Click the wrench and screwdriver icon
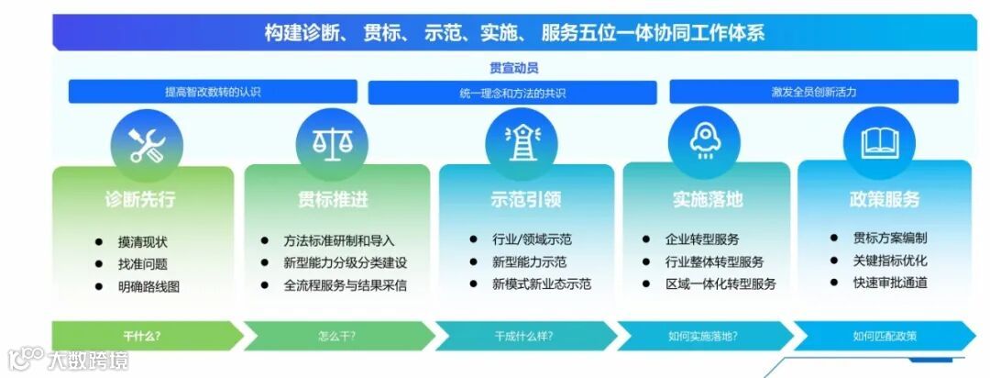point(148,145)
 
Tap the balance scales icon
point(333,142)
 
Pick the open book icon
point(879,142)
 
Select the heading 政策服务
point(885,199)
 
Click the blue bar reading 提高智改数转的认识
point(213,92)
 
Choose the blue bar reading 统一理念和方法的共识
point(512,93)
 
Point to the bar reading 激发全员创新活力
point(813,92)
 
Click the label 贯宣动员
point(513,68)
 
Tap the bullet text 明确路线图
point(148,286)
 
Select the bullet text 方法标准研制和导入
point(339,241)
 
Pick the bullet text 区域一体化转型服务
point(721,283)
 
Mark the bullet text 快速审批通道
point(890,283)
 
